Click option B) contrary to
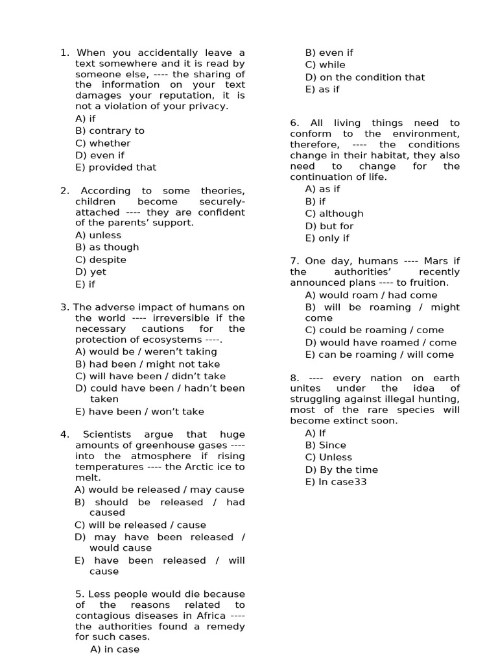click(110, 131)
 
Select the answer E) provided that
click(115, 167)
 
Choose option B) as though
click(107, 247)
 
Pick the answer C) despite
click(101, 259)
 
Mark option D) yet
click(91, 271)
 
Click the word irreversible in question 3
click(184, 318)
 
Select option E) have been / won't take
click(139, 411)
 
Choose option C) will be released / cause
click(140, 525)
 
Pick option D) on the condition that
click(365, 77)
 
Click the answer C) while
click(325, 65)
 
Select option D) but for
click(329, 226)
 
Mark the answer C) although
click(334, 214)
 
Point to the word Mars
click(436, 261)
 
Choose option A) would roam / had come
click(371, 295)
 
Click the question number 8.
click(294, 378)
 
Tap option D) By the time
click(341, 470)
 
